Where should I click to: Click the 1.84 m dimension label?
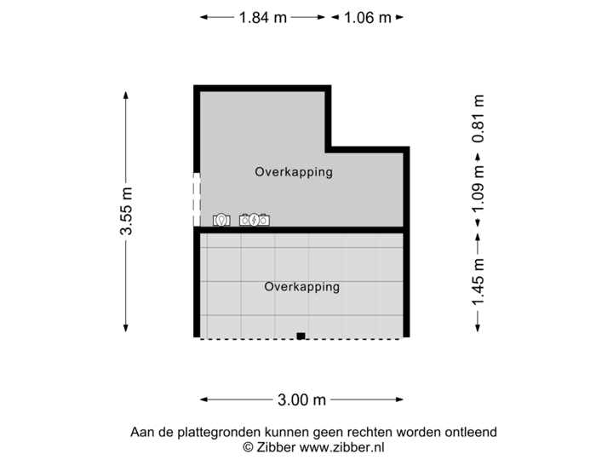pos(263,17)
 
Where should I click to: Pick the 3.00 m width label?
pos(301,399)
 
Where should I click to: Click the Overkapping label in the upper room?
pos(293,172)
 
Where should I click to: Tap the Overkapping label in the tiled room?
pos(301,287)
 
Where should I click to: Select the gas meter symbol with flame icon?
pos(221,220)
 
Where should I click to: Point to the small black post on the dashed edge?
pos(301,336)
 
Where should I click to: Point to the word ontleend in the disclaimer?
pos(472,432)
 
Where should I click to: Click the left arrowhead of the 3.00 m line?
pos(203,399)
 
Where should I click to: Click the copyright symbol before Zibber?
pos(249,446)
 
